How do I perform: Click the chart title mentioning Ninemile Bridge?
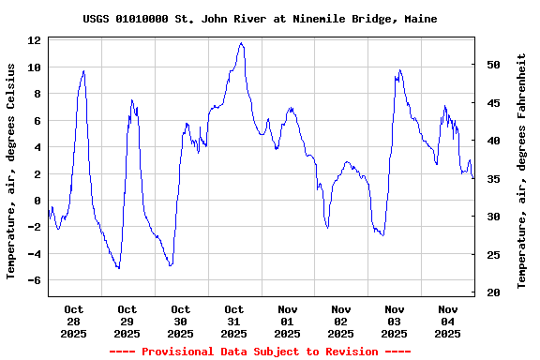pos(260,19)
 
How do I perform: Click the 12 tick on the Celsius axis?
pos(35,40)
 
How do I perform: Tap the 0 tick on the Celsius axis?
pos(37,201)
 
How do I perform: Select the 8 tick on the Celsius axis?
pos(37,94)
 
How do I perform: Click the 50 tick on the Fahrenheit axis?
pos(492,65)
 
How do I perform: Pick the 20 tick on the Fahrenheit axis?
pos(492,292)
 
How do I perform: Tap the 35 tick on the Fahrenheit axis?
pos(492,179)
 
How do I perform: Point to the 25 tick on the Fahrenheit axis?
pos(492,255)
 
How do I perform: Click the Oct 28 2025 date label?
pos(74,321)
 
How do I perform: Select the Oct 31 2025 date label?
pos(234,321)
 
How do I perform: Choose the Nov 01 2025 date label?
pos(288,321)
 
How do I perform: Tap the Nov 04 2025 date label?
pos(448,321)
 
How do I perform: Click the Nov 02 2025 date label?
pos(341,321)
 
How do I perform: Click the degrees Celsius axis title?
pos(11,171)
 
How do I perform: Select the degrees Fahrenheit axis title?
pos(522,171)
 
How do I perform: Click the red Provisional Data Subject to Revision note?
pos(260,352)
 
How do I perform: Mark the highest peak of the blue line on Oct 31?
pos(241,42)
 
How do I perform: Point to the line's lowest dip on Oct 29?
pos(118,269)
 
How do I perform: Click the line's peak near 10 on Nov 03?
pos(399,69)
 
